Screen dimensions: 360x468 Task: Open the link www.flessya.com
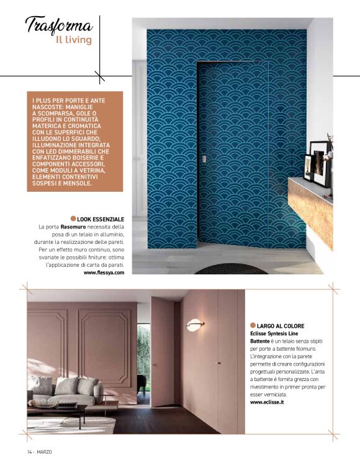[x=104, y=272]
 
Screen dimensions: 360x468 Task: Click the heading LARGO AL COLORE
[x=281, y=326]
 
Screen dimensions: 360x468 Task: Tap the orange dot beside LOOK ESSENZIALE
[x=73, y=218]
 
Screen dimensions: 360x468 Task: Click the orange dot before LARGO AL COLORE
[x=253, y=325]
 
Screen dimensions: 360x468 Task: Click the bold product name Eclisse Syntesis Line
[x=274, y=333]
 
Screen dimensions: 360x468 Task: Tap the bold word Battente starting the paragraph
[x=260, y=341]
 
